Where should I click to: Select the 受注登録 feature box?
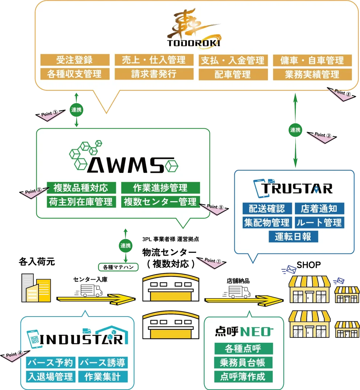tap(74, 60)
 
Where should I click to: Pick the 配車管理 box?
tap(232, 74)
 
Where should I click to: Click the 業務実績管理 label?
tap(312, 74)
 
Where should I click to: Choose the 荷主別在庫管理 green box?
tap(81, 201)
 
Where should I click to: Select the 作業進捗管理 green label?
tap(160, 188)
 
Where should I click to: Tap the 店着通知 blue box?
tap(319, 208)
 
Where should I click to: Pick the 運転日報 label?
tap(293, 237)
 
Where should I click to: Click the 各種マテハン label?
tap(118, 267)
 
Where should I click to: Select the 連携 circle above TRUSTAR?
tap(295, 130)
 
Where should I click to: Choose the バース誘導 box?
tap(102, 363)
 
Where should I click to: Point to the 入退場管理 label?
tap(50, 377)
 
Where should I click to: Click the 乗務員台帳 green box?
tap(243, 362)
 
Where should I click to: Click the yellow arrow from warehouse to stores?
tap(244, 300)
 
